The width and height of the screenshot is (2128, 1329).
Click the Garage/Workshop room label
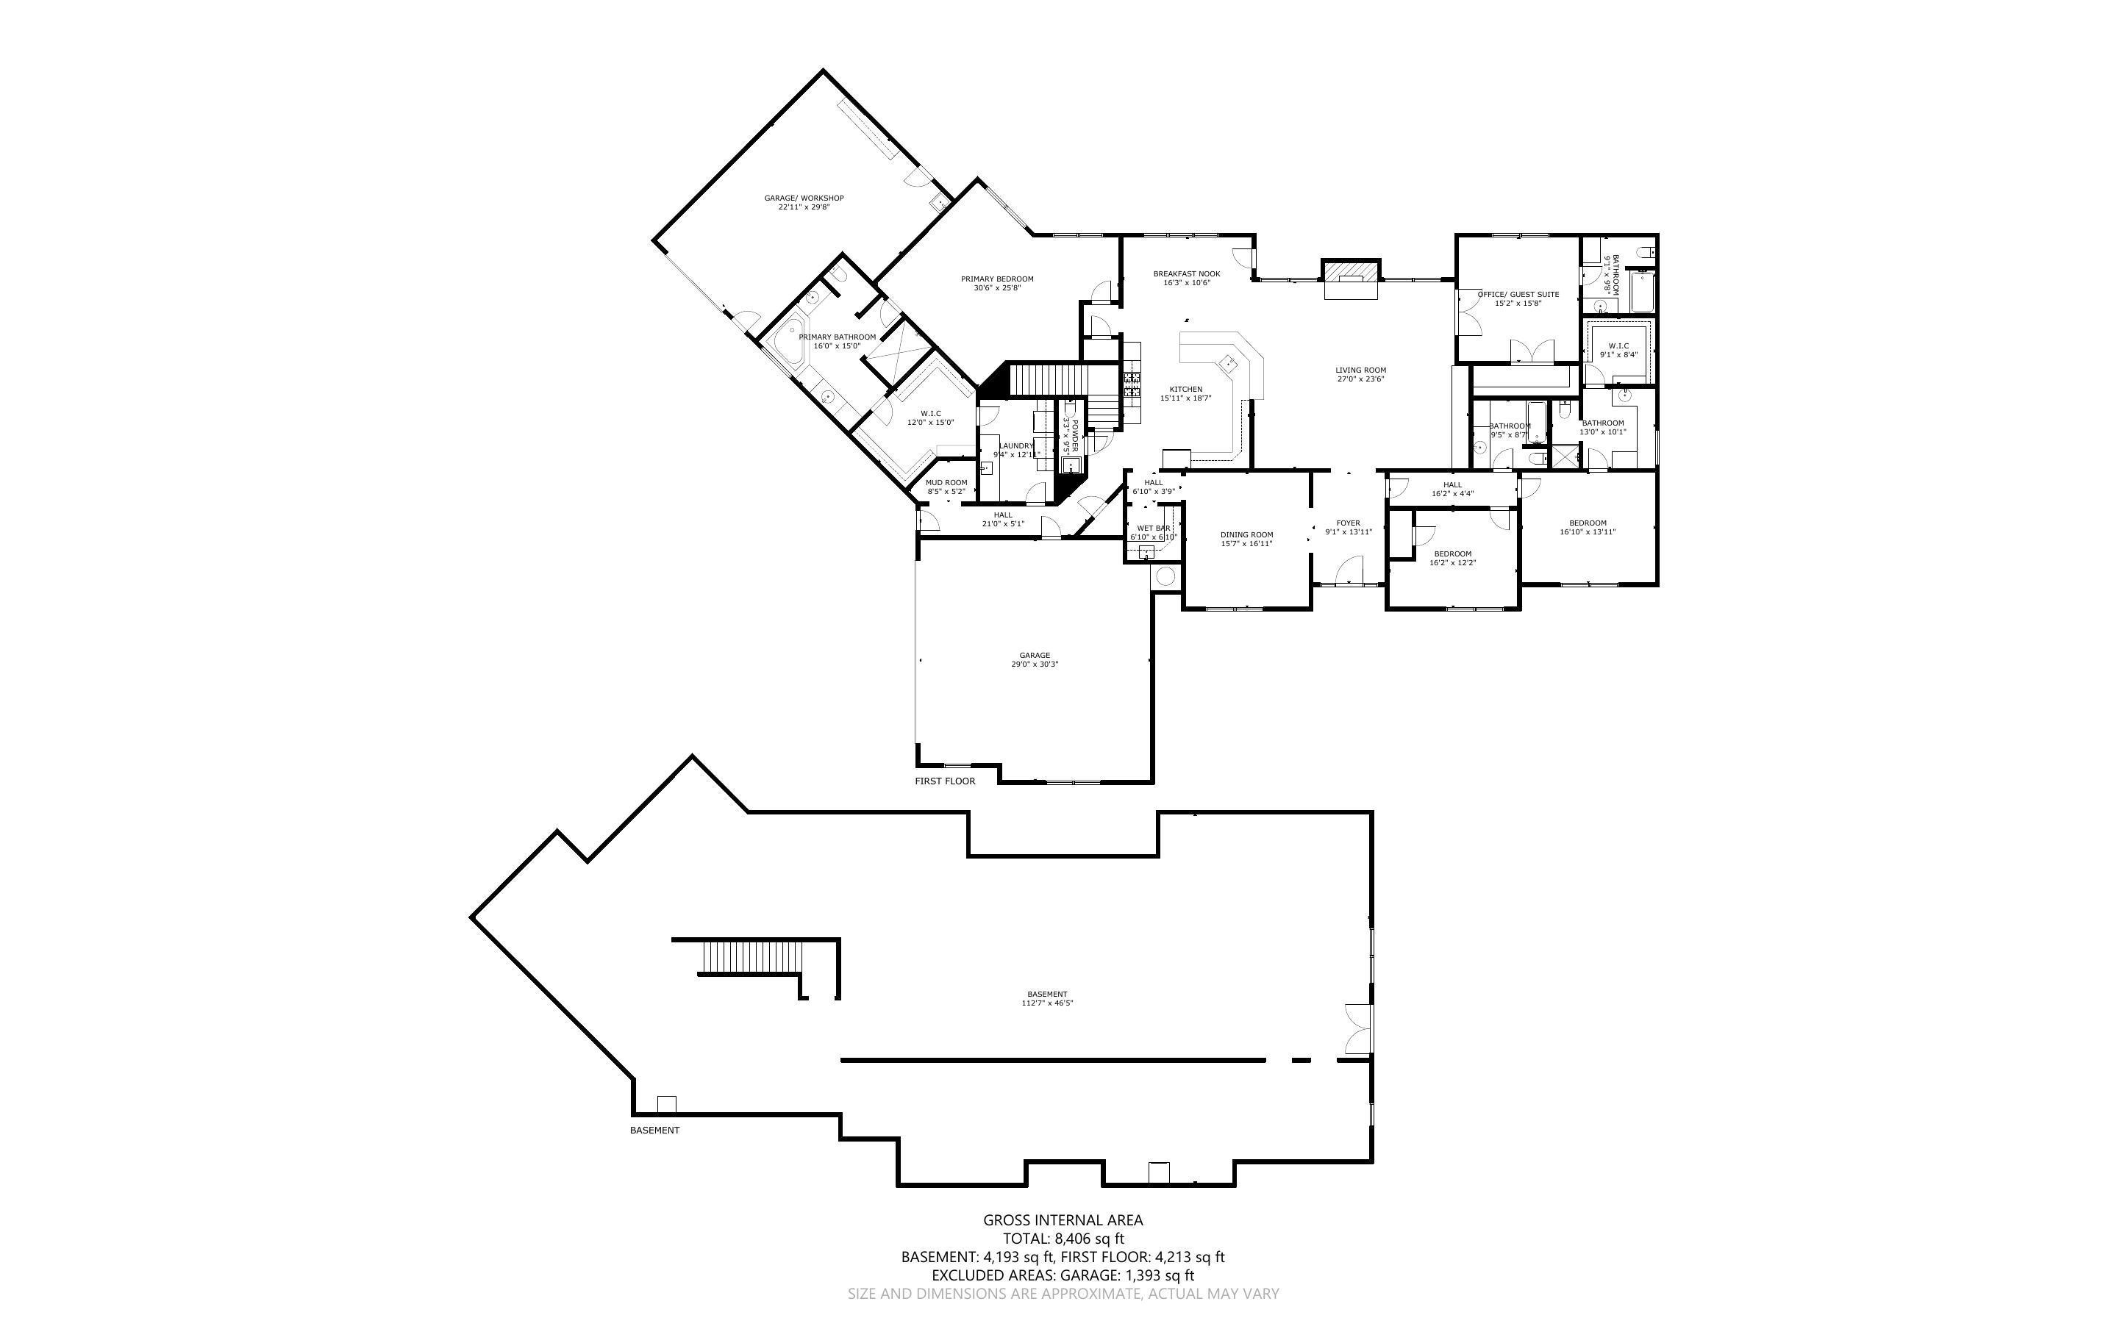coord(804,198)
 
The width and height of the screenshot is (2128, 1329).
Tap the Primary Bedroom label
coord(997,279)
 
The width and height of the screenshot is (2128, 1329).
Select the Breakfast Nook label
coord(1187,274)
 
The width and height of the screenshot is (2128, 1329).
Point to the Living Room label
coord(1360,370)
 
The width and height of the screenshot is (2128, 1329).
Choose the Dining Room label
coord(1246,534)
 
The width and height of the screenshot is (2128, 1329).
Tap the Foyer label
coord(1348,523)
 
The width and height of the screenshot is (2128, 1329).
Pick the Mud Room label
coord(946,482)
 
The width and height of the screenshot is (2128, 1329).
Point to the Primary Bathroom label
coord(837,337)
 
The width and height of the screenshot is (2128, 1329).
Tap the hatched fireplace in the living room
coord(1351,269)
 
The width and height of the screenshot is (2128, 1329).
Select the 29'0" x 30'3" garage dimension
coord(1035,664)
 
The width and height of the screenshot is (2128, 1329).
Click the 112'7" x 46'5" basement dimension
coord(1046,1003)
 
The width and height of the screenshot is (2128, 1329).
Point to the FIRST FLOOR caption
coord(945,781)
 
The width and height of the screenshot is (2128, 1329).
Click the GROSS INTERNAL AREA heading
coord(1063,1220)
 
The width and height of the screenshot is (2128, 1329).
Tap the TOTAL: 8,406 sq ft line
coord(1063,1239)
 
